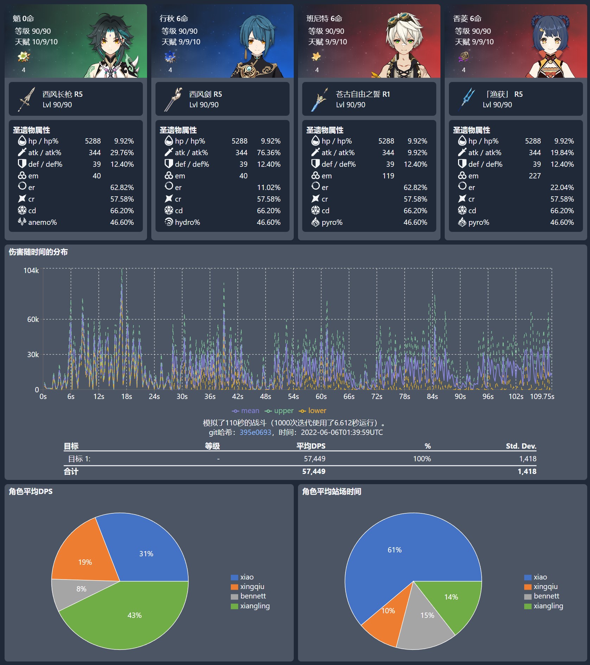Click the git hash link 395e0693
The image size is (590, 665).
click(255, 432)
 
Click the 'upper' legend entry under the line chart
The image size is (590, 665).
click(279, 411)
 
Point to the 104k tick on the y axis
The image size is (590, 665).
click(31, 271)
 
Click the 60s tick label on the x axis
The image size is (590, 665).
click(321, 397)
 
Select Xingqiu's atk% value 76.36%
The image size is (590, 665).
click(268, 153)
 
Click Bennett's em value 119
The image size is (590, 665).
click(388, 176)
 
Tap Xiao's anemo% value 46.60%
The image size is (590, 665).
click(122, 222)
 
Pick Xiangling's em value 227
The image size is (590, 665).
click(534, 176)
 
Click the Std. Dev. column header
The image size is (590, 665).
click(521, 446)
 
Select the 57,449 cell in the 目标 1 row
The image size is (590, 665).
click(315, 459)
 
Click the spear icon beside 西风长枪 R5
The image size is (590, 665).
click(26, 99)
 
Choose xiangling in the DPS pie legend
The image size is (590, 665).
click(255, 606)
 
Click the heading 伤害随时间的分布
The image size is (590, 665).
click(38, 252)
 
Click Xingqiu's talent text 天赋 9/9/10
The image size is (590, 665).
click(181, 42)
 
